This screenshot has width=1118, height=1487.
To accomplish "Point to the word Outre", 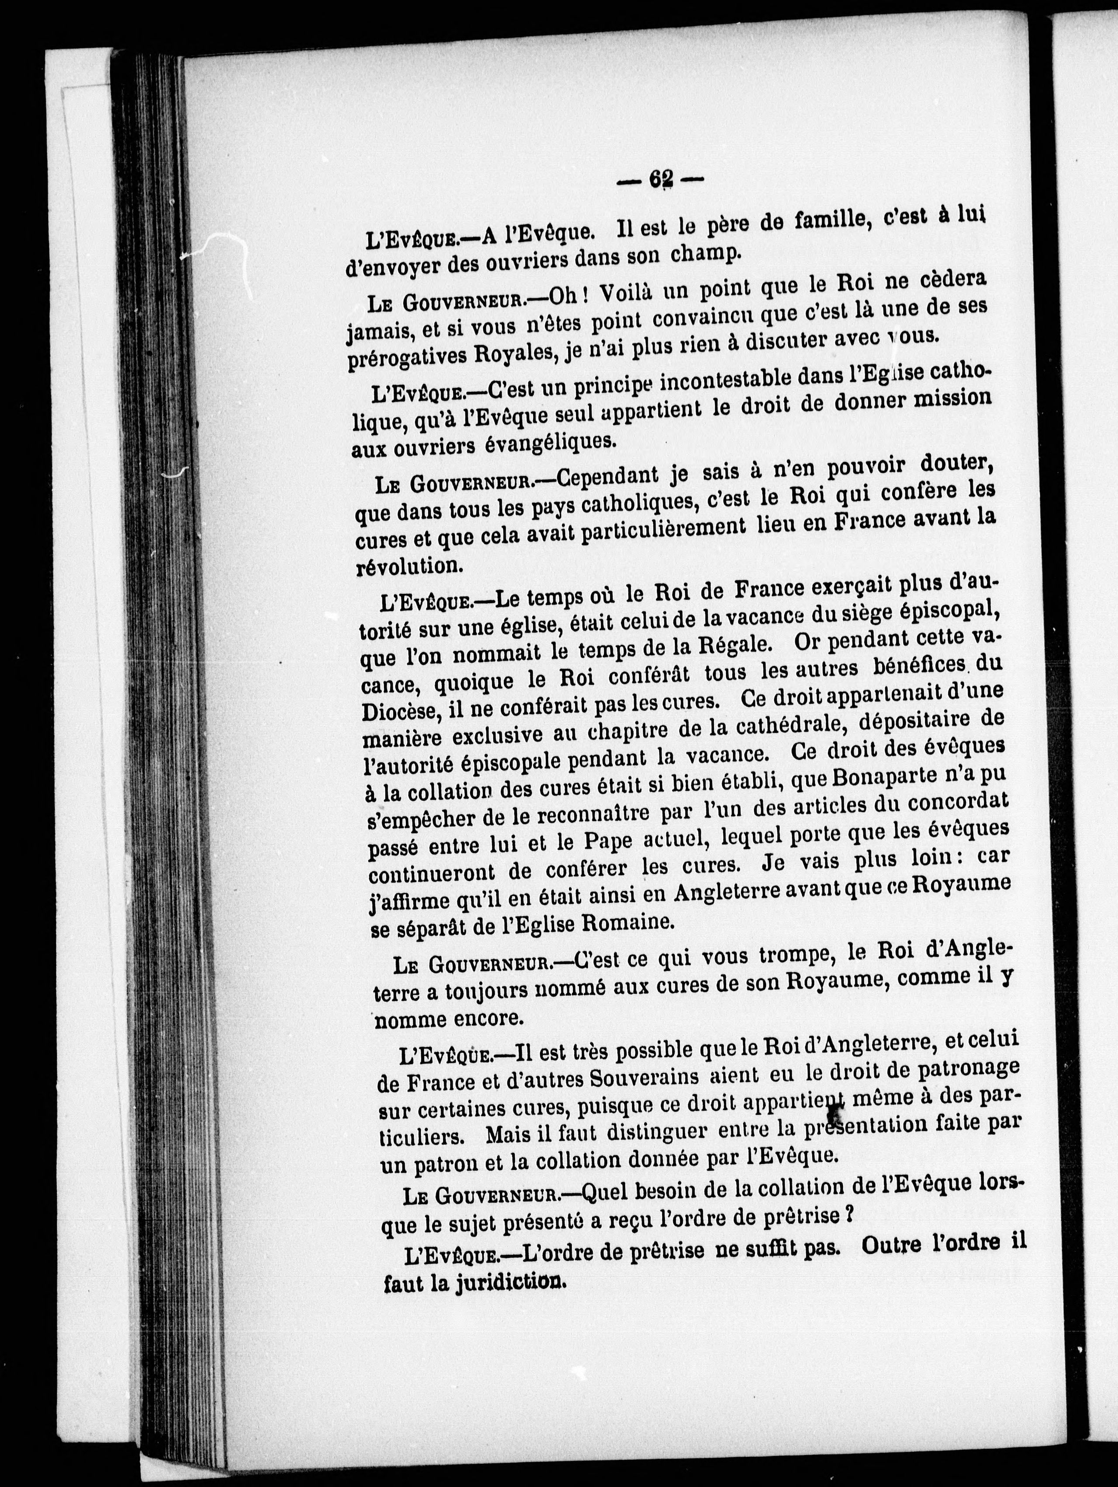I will (x=891, y=1244).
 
